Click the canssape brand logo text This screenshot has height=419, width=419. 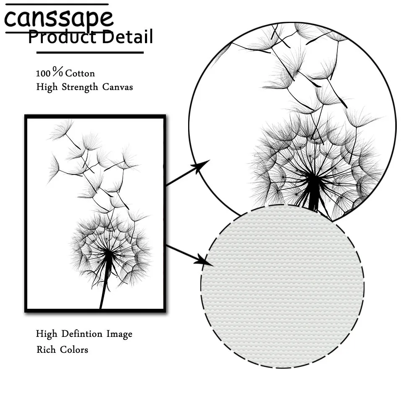[59, 18]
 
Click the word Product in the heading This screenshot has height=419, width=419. [59, 38]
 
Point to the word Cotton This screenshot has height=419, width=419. [80, 73]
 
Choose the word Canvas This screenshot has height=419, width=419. [118, 87]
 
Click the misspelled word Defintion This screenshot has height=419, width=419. [82, 334]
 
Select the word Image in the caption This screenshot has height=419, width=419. [119, 334]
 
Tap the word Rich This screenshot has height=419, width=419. [46, 349]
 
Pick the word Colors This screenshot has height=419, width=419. [74, 349]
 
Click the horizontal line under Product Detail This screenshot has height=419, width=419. [90, 52]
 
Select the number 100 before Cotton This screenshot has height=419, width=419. [43, 73]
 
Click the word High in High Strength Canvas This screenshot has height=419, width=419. [47, 87]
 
